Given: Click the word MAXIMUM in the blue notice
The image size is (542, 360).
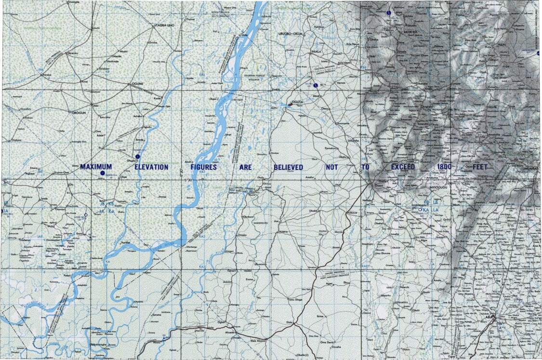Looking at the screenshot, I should coord(96,167).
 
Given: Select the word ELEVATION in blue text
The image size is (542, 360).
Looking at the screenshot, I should coord(151,167).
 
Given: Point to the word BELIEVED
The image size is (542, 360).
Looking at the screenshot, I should coord(289,167).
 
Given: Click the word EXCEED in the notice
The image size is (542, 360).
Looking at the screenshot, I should coord(403,167).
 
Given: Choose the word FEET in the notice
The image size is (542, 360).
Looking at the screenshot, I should coord(479,167).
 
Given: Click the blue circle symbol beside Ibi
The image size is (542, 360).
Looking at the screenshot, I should coord(315,85).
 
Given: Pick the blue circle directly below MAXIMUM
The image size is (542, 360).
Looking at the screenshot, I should coord(102,173).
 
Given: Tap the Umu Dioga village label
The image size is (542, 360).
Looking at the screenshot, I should coord(295,300).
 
